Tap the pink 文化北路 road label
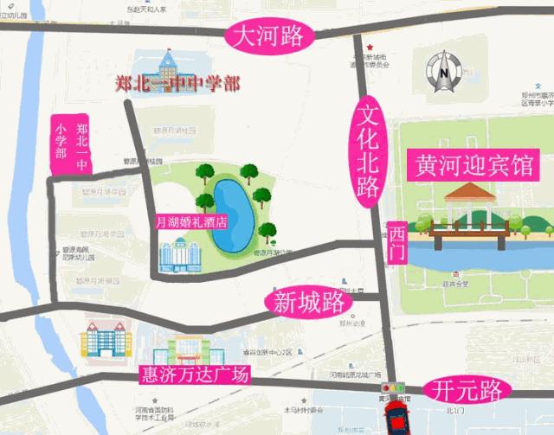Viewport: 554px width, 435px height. coord(368,151)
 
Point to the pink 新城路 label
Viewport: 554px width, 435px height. coord(308,304)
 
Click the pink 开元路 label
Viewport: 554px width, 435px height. coord(467,391)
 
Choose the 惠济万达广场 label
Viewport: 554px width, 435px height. coord(194,376)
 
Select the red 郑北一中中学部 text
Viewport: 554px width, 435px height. coord(177,85)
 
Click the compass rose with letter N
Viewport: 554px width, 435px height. coord(443,71)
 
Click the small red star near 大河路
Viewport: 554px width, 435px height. coord(370,47)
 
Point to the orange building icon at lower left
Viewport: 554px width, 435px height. coord(105,338)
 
